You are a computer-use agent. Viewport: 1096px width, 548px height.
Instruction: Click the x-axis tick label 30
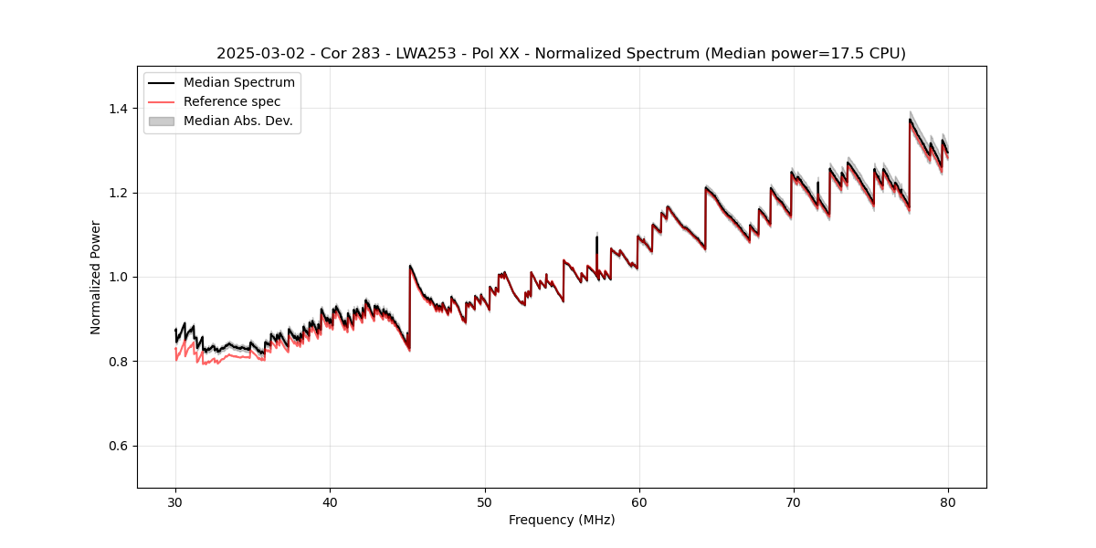click(x=175, y=501)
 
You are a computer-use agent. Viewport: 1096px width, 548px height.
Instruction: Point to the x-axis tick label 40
click(x=330, y=501)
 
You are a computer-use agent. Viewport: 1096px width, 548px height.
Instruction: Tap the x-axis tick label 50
click(x=484, y=501)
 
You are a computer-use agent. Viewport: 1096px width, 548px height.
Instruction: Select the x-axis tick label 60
click(x=638, y=501)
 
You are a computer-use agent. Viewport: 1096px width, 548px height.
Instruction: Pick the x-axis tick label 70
click(x=793, y=501)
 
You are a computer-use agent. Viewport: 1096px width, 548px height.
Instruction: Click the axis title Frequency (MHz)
click(x=562, y=520)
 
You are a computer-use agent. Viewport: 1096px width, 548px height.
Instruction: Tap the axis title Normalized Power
click(x=96, y=277)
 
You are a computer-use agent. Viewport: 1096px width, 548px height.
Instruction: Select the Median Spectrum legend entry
click(x=238, y=83)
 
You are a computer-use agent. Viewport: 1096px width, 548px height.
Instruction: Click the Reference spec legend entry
click(x=232, y=101)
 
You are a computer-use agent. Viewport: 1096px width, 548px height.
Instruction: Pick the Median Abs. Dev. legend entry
click(x=237, y=121)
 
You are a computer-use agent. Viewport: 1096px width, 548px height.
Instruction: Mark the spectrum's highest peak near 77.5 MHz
click(x=910, y=120)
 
